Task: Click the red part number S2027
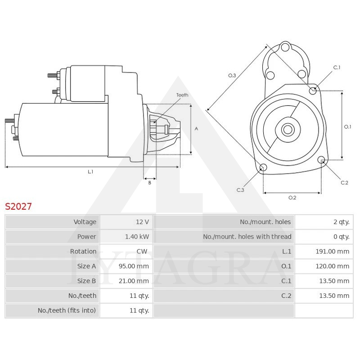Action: (x=18, y=207)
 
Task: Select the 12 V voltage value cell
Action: (x=142, y=222)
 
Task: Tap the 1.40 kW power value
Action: (x=138, y=237)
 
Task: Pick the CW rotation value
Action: (x=142, y=252)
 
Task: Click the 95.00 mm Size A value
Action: (x=134, y=266)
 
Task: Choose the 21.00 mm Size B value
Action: (x=134, y=281)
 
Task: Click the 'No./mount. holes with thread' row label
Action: (x=247, y=237)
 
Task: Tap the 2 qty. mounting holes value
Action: (x=341, y=222)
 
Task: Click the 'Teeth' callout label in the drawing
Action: (x=182, y=95)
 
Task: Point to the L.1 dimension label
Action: (x=90, y=171)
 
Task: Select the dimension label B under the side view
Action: (x=150, y=182)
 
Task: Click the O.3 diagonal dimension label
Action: (x=232, y=76)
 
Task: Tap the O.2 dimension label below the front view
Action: (x=292, y=198)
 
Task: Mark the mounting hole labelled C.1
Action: (x=313, y=91)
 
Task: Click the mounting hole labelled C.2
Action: (x=321, y=160)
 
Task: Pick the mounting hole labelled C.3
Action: (x=263, y=168)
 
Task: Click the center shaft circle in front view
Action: (x=287, y=130)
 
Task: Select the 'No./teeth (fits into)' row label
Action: (x=67, y=310)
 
